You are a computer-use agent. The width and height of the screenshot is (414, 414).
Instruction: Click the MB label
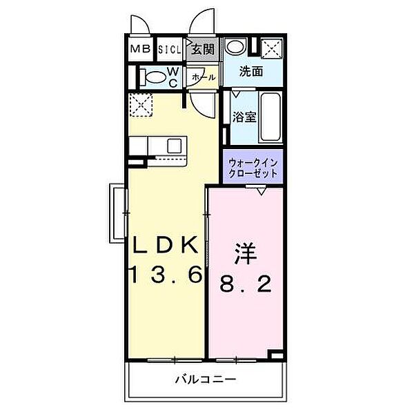coord(141,49)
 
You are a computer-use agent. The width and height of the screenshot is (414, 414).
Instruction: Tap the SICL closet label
coord(170,50)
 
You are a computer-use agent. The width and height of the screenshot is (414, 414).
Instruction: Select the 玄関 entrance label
coord(203,49)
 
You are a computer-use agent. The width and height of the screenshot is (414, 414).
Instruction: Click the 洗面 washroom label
coord(251,72)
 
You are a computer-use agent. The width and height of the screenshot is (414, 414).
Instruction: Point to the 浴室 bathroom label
coord(244,117)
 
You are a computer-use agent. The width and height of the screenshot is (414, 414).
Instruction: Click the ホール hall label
coord(204,77)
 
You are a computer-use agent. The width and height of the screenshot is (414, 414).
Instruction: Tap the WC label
coord(173,77)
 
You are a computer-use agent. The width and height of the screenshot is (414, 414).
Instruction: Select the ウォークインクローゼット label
coord(253,168)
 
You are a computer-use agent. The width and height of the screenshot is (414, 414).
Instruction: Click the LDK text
coord(166,245)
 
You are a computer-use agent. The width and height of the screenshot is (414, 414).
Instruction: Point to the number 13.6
coord(166,275)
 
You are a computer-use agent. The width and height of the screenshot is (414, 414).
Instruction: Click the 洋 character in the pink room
coord(245,254)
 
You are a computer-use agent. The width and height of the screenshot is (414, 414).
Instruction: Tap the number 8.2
coord(246,284)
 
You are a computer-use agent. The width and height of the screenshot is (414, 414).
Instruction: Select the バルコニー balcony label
coord(206,380)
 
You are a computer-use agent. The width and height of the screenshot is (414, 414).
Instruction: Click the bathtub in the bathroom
coord(270,117)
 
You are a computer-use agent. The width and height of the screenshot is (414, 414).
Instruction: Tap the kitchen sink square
coord(175,146)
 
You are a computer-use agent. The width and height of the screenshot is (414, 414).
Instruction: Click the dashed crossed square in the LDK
coord(141,105)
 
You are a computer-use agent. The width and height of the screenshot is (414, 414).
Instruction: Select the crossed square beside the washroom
coord(272,48)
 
